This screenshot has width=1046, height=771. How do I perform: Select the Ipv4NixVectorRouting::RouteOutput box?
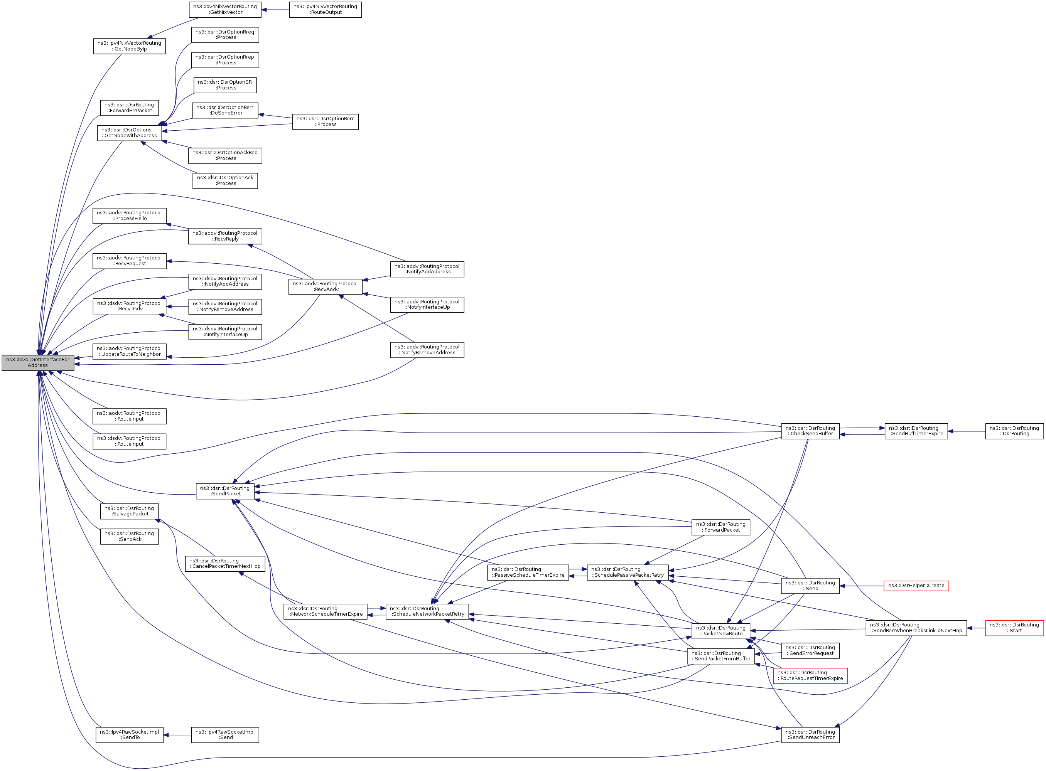point(325,10)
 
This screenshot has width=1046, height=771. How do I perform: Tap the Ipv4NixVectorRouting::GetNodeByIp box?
point(129,46)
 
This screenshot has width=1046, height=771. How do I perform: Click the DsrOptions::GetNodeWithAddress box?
point(129,133)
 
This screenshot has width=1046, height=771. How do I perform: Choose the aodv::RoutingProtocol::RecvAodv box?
point(325,286)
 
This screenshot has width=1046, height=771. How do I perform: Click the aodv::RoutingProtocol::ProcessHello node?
point(129,215)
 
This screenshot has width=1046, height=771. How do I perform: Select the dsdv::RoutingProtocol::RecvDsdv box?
point(129,306)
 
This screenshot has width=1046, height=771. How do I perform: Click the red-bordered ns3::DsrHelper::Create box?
point(916,586)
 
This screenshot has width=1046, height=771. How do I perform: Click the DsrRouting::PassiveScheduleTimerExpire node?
point(528,572)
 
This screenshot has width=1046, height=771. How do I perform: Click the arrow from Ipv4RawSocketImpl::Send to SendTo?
point(177,735)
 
